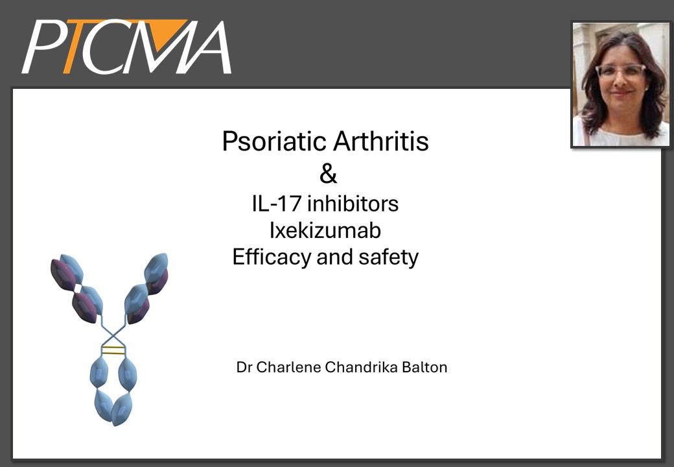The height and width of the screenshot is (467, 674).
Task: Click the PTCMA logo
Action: coord(127,47)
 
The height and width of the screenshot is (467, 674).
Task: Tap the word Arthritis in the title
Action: coord(381,141)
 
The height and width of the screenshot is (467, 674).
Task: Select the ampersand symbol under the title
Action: coord(328,174)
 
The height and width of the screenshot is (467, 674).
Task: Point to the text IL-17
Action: coord(276,204)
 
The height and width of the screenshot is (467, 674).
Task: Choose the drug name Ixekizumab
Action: coord(325,230)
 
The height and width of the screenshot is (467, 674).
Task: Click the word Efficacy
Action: coord(272,257)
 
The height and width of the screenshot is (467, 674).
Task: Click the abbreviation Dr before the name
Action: coord(244,367)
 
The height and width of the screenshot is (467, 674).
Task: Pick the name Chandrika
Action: coord(361,367)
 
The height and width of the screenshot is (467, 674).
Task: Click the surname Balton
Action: coord(424,367)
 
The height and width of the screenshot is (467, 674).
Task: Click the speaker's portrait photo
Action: coord(621,84)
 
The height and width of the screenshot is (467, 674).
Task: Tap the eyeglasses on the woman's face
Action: coord(620,70)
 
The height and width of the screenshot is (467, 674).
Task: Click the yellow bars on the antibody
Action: coord(113,350)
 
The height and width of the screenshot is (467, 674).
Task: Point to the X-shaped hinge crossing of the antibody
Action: coord(113,333)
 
